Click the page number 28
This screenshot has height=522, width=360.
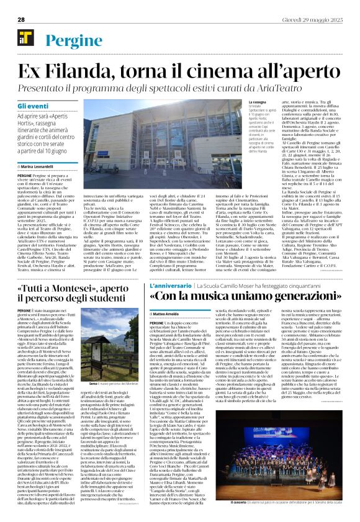pos(20,20)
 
